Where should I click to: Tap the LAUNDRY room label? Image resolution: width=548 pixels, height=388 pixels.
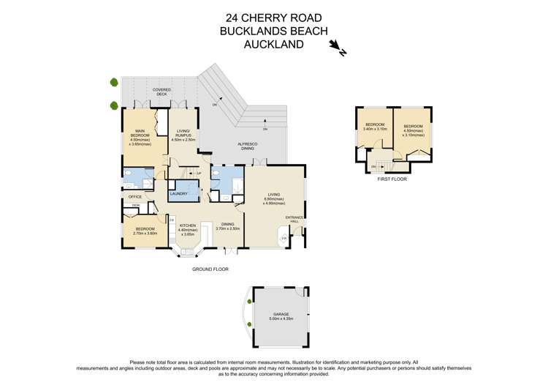pyautogui.click(x=180, y=194)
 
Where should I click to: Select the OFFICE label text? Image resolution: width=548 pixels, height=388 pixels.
pyautogui.click(x=134, y=197)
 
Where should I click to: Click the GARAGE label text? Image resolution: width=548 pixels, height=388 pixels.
pyautogui.click(x=281, y=316)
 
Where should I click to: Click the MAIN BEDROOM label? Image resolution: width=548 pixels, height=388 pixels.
pyautogui.click(x=140, y=137)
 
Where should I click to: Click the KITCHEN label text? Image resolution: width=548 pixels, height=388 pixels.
pyautogui.click(x=187, y=228)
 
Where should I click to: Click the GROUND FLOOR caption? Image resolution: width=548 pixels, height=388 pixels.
pyautogui.click(x=210, y=269)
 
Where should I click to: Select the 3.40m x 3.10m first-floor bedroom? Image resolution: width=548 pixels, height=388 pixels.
pyautogui.click(x=375, y=127)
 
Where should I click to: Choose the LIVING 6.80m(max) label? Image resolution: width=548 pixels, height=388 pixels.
pyautogui.click(x=275, y=197)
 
